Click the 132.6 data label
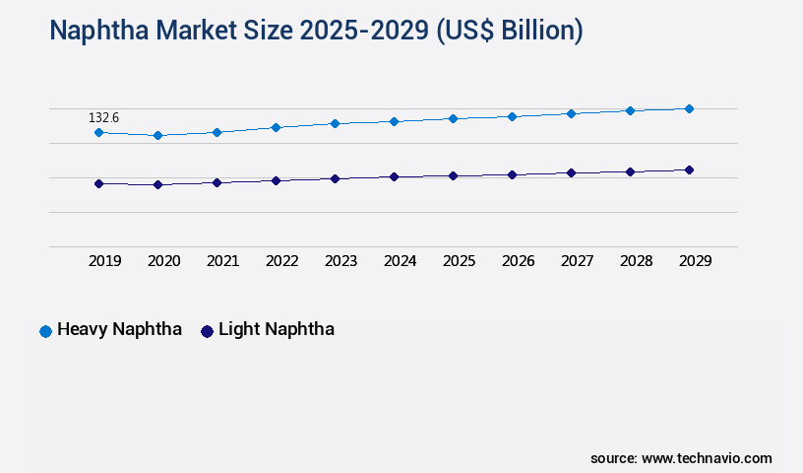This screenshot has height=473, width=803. (103, 118)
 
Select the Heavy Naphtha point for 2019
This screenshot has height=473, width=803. (98, 132)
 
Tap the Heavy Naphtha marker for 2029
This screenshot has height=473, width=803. (689, 108)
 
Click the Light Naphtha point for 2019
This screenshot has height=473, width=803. (98, 183)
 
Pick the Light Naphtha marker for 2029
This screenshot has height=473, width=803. (689, 169)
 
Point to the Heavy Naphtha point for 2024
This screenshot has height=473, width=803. (394, 121)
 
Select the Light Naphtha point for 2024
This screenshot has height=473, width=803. (394, 176)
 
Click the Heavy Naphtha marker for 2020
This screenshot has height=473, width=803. (157, 135)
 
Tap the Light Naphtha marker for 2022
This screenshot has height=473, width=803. (276, 180)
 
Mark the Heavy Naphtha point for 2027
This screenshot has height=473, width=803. (571, 113)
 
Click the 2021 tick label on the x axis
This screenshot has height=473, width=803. (222, 261)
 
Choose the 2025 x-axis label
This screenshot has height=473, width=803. (459, 261)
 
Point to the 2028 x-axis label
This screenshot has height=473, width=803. (636, 261)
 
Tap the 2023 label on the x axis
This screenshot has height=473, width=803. (340, 261)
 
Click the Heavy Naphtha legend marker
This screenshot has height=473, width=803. (45, 331)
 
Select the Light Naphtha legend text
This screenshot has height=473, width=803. (276, 329)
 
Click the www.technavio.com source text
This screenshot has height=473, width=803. (707, 458)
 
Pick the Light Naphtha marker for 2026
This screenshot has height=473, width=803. (512, 174)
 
